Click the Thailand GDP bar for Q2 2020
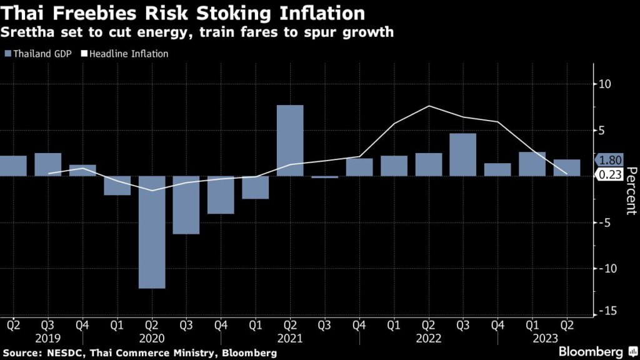[152, 232]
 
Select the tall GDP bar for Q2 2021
[290, 141]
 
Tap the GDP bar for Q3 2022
[463, 154]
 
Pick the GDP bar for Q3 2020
[186, 205]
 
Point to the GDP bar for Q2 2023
[567, 167]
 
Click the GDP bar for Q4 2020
[221, 195]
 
